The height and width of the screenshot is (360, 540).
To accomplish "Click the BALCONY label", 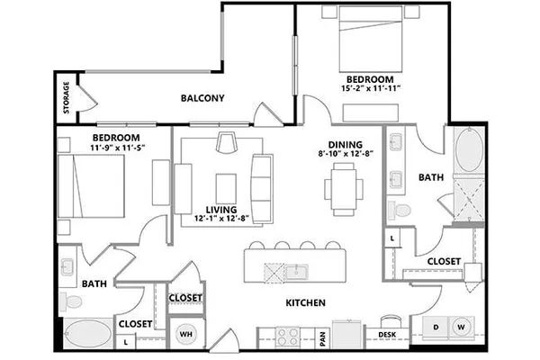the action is click(202, 98).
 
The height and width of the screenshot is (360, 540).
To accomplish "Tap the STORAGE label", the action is click(67, 97).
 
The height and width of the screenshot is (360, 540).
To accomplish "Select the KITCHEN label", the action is click(305, 302).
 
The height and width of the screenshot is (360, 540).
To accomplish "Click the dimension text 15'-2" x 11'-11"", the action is click(371, 88).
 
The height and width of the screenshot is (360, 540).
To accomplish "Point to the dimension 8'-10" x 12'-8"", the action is click(346, 154).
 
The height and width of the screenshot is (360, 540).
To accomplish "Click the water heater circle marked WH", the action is click(186, 334).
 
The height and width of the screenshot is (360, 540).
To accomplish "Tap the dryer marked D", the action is click(436, 327).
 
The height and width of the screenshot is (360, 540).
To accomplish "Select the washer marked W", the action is click(462, 327).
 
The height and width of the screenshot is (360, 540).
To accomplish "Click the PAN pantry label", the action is click(323, 338).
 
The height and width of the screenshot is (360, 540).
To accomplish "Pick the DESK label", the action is click(387, 335).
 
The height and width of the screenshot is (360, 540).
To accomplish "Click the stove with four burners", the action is click(288, 337).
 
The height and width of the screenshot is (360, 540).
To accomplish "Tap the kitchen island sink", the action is click(296, 272).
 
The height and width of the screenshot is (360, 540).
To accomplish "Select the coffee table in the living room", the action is click(226, 189).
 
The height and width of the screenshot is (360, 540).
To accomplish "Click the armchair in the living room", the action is click(227, 141).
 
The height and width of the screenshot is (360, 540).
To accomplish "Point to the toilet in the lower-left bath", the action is click(70, 302).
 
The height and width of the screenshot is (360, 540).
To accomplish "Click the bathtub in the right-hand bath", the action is click(469, 150).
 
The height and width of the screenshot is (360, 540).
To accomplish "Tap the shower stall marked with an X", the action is click(469, 199).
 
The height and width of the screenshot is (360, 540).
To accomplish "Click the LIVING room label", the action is click(221, 210).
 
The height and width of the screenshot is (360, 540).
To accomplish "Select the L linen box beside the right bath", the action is click(392, 238).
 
